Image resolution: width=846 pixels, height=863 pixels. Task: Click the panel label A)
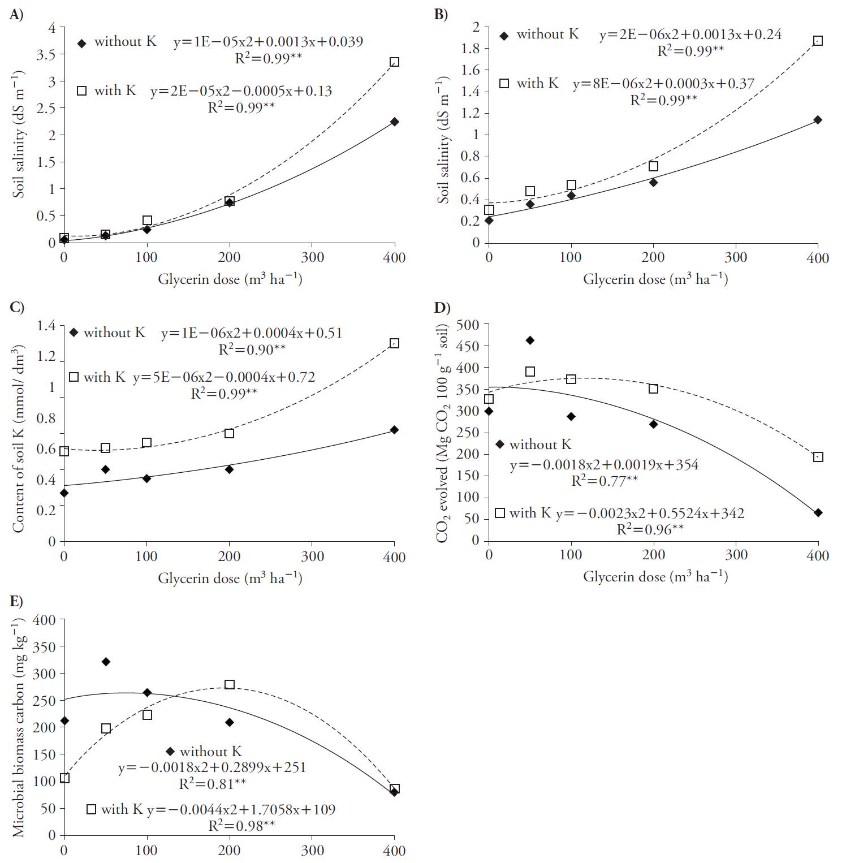(16, 15)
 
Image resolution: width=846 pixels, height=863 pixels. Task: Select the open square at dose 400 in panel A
(394, 62)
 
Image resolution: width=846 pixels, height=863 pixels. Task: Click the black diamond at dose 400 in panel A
(394, 122)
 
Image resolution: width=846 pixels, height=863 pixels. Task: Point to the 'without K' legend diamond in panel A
(82, 43)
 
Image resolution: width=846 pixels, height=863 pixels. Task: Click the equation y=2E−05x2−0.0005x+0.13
(241, 91)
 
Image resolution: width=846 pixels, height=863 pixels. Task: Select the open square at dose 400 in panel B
(818, 41)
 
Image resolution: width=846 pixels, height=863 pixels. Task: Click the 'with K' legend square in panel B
(504, 84)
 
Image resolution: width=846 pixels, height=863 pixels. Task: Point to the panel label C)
(17, 307)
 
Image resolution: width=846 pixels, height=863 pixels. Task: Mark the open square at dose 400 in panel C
(394, 343)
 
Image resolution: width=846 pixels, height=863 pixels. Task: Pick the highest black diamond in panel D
(530, 340)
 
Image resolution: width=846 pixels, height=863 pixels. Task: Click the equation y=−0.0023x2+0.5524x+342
(650, 514)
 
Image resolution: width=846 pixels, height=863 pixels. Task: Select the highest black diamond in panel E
(105, 662)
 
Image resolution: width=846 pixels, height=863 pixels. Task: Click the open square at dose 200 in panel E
(230, 685)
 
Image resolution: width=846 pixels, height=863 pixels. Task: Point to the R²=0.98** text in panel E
(241, 826)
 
